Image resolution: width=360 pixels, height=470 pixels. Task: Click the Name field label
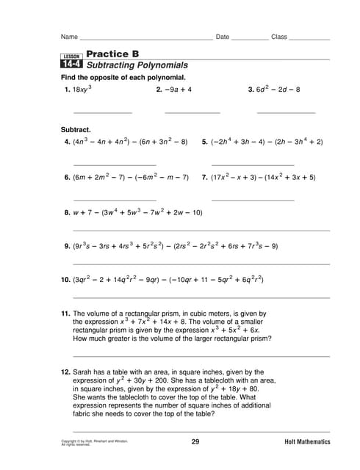coord(69,37)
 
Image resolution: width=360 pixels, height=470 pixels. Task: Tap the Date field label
coord(223,37)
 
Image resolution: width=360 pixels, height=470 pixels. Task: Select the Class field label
coord(279,37)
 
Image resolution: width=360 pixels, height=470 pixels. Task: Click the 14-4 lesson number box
coord(71,65)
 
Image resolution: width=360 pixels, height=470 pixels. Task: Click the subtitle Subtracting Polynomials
coord(137,65)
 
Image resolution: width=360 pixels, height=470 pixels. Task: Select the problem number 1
coord(67,90)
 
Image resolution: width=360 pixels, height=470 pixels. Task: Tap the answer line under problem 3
coord(286,112)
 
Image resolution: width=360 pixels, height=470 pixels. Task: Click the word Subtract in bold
coord(76,129)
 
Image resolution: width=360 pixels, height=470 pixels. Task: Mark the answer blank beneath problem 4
coord(115,164)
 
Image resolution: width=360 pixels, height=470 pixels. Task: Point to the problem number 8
coord(67,213)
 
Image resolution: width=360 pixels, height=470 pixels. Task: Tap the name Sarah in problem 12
coord(83,372)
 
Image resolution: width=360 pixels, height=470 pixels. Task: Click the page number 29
coord(195,441)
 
